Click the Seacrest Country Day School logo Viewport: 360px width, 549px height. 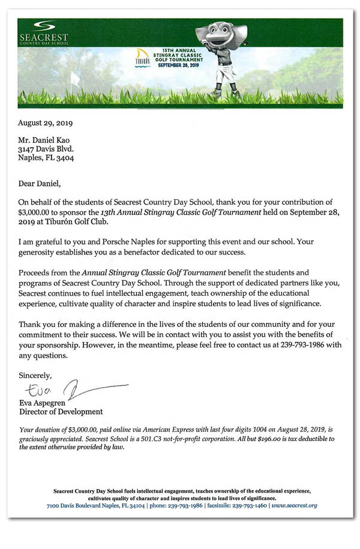(x=43, y=32)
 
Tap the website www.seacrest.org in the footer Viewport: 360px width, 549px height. (x=294, y=505)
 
